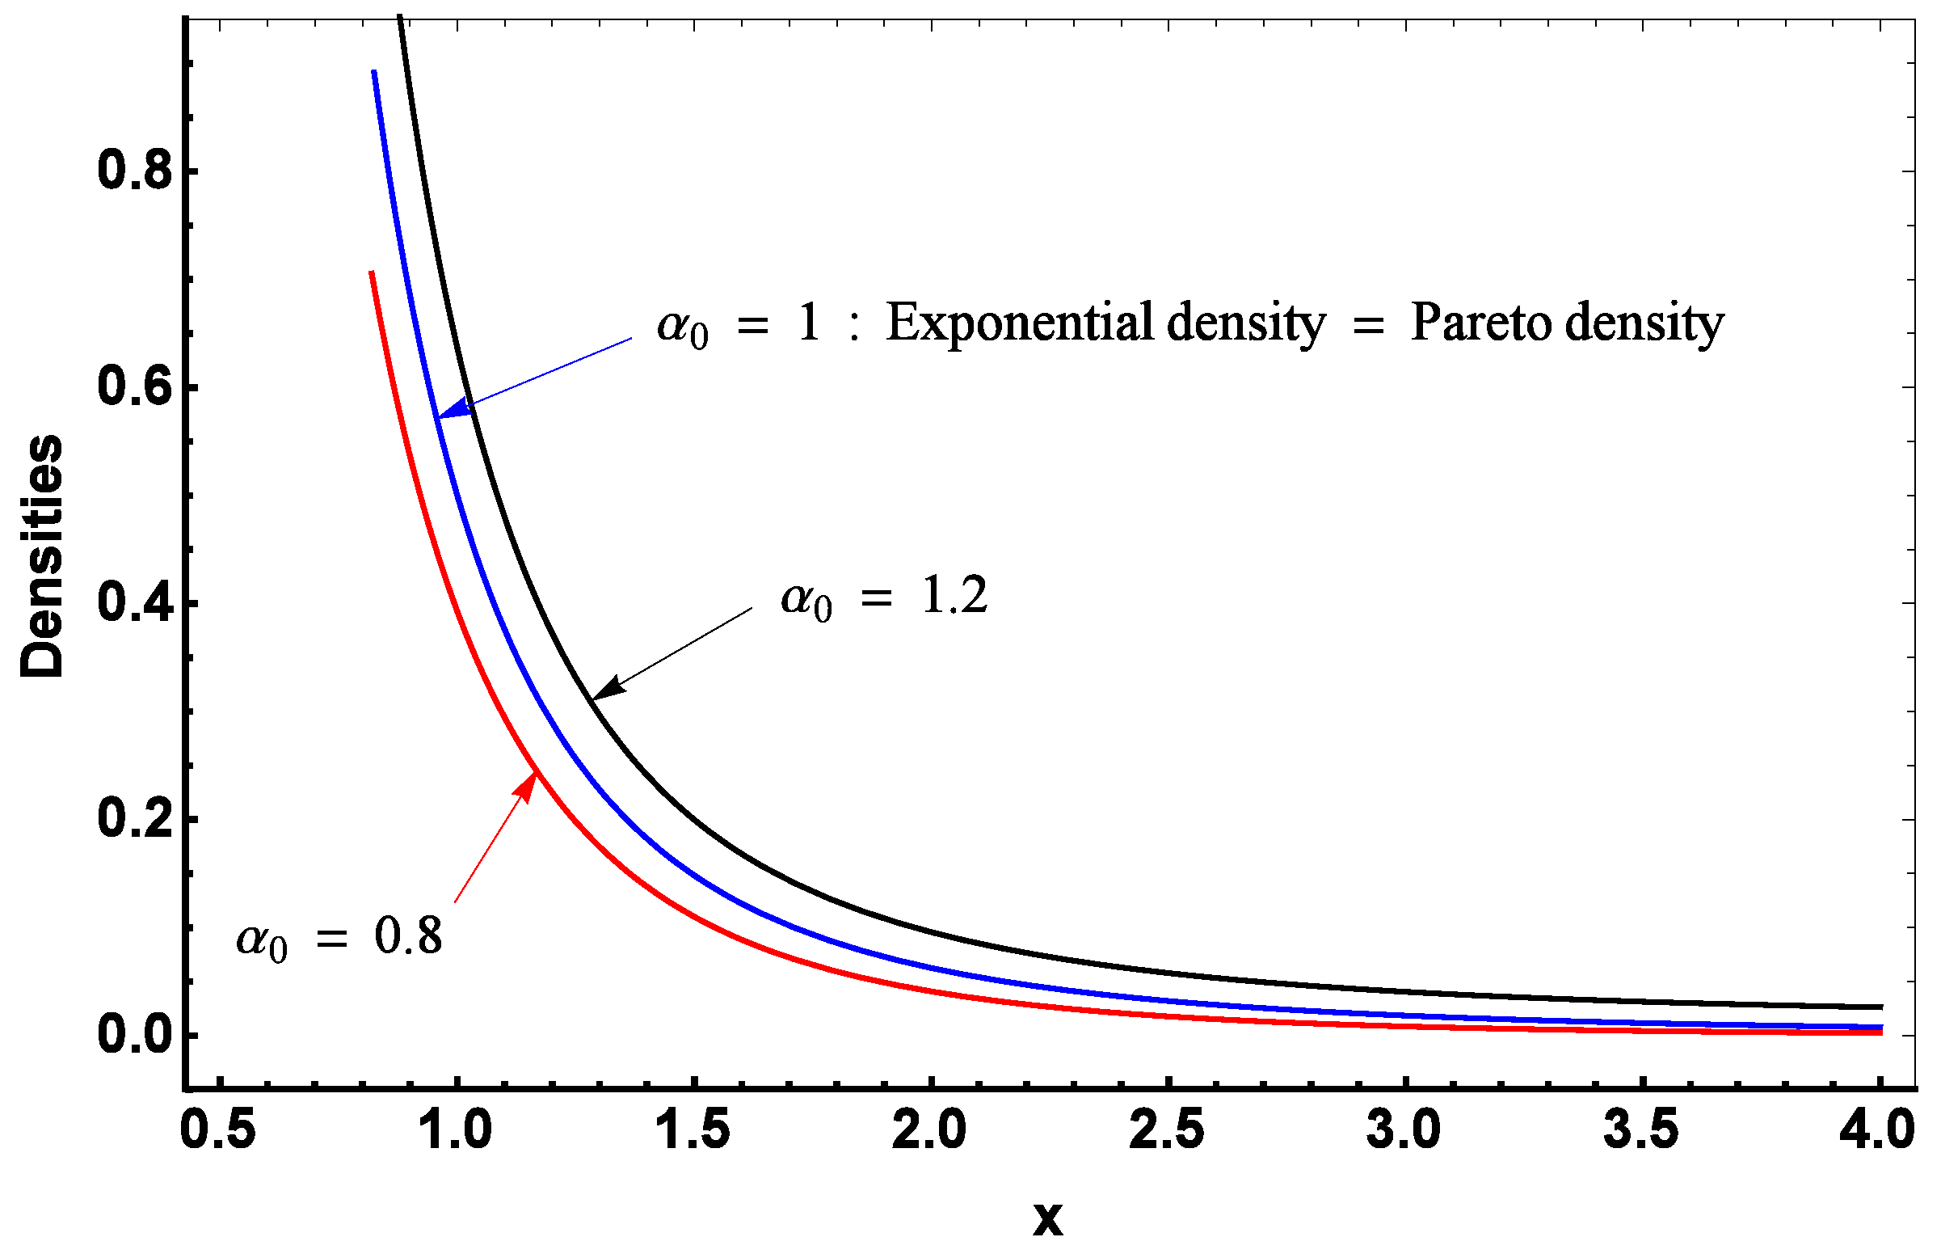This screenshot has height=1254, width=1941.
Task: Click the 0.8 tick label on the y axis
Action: pos(135,171)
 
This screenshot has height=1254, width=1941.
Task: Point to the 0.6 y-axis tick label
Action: pos(135,386)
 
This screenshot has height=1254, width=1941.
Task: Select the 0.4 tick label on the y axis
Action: pos(135,603)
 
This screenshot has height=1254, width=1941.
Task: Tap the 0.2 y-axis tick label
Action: pos(135,819)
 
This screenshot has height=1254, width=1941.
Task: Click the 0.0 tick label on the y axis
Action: pos(135,1035)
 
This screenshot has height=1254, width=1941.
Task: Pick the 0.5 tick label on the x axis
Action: pos(218,1131)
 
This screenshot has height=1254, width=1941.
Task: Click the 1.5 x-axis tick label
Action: pos(693,1131)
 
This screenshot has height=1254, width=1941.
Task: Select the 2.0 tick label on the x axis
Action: pos(929,1131)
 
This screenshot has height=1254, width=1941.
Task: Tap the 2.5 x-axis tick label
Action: pos(1166,1131)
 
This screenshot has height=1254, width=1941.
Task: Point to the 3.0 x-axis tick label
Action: pos(1404,1131)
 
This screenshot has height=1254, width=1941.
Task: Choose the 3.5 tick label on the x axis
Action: pos(1640,1131)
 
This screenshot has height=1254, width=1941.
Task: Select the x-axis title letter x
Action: pos(1048,1219)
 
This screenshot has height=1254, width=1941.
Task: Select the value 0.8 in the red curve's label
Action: pos(408,936)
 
